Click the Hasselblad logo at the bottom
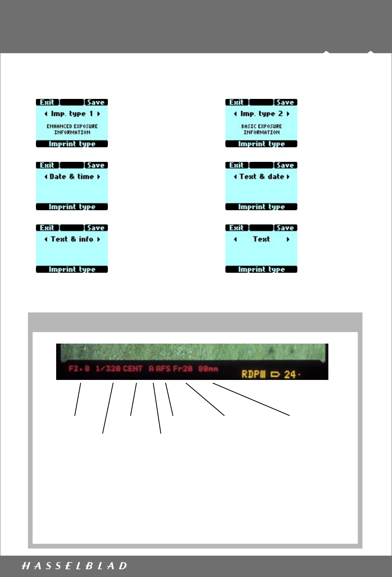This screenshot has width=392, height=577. (74, 566)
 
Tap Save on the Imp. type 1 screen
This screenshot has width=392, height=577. (95, 102)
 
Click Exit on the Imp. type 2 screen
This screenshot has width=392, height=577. (236, 102)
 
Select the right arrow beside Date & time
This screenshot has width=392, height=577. (98, 177)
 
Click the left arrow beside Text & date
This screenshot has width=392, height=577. (235, 177)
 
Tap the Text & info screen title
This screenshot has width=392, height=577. (72, 239)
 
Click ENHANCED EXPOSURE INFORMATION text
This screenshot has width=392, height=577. (72, 129)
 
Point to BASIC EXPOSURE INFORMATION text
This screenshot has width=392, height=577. (261, 129)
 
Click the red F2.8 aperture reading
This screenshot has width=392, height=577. (79, 369)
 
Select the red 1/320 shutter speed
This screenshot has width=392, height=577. (108, 369)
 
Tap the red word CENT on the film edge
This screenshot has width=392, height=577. (133, 369)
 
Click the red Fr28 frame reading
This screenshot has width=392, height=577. (183, 369)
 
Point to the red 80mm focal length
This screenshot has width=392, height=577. (208, 369)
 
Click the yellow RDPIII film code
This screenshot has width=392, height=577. (253, 374)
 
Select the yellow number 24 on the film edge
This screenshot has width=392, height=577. (290, 374)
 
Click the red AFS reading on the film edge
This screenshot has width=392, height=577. (163, 369)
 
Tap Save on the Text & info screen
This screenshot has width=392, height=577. (95, 228)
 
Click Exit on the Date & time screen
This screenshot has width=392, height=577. (47, 165)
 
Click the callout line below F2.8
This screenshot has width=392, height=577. (78, 399)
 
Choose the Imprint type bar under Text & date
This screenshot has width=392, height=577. (261, 207)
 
